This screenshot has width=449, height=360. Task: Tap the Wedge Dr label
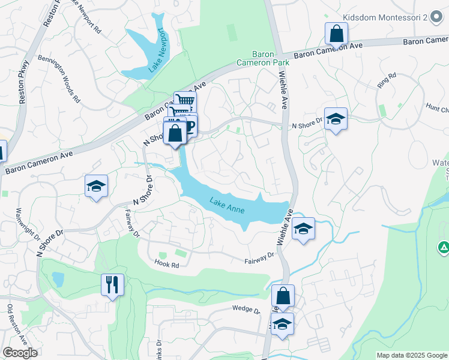click(246, 310)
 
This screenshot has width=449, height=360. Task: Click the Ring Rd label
click(388, 80)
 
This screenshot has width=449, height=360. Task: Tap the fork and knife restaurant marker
click(112, 284)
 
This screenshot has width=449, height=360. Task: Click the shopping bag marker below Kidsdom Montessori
click(336, 34)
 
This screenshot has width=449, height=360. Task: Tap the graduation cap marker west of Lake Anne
click(95, 186)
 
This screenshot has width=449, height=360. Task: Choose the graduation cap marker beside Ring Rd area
click(336, 119)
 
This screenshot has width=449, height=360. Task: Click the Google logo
click(20, 353)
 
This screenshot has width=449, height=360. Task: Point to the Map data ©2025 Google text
click(412, 355)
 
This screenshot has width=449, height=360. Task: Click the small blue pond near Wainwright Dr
click(58, 279)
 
